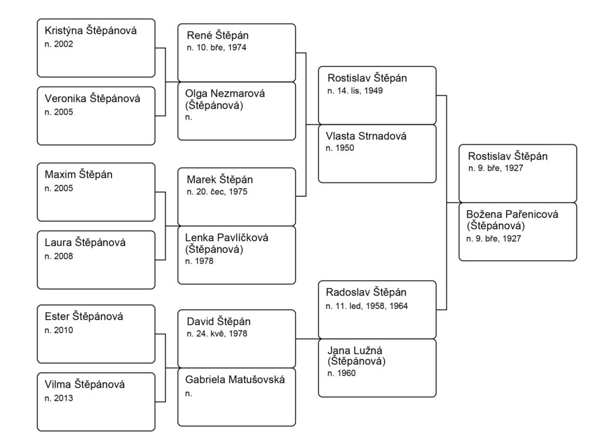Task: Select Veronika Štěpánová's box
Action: click(96, 116)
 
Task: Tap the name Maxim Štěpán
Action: click(79, 174)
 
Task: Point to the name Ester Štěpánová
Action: click(84, 317)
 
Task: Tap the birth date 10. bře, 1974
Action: click(217, 48)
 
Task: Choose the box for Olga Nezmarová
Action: click(237, 111)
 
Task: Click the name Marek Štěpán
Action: click(220, 179)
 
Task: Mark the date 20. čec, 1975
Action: click(217, 192)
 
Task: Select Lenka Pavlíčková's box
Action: click(237, 255)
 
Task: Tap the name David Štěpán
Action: click(218, 321)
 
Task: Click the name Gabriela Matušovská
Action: click(235, 380)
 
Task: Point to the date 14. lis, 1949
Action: click(355, 91)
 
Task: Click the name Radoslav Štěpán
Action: click(366, 292)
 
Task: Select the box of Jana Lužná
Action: click(377, 368)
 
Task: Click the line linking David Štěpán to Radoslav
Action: click(307, 339)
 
